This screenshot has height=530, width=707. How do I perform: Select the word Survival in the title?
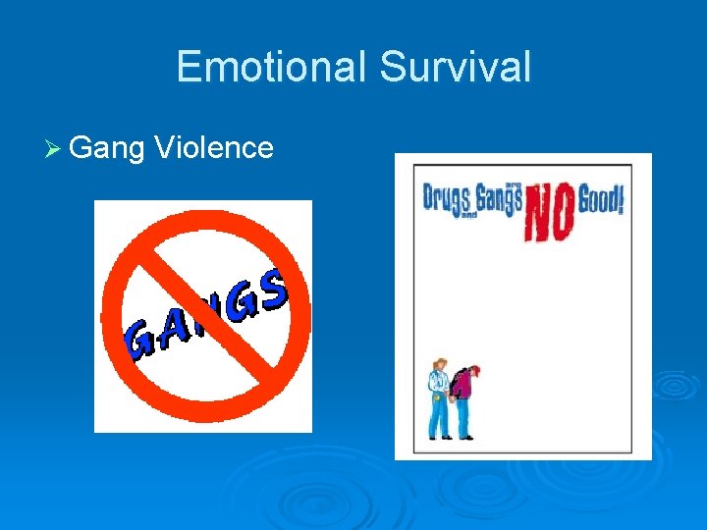point(455,67)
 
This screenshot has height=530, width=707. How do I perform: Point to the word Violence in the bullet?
point(214,147)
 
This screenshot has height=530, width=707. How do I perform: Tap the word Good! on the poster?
point(600,200)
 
